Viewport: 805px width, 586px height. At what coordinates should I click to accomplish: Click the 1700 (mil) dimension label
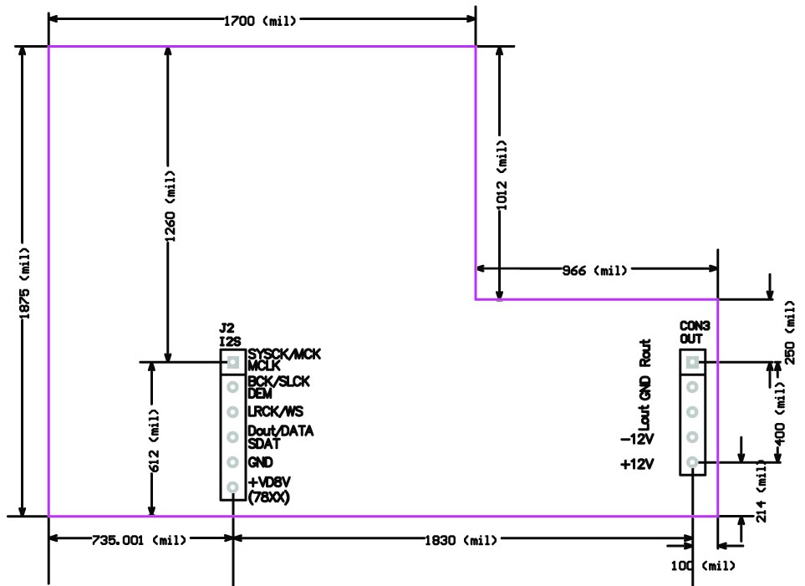pyautogui.click(x=260, y=21)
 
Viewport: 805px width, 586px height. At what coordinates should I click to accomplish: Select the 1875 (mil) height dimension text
pyautogui.click(x=24, y=283)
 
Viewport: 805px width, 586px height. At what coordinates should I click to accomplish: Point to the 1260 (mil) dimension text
pyautogui.click(x=170, y=206)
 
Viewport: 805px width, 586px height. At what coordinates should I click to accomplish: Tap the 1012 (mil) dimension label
pyautogui.click(x=502, y=175)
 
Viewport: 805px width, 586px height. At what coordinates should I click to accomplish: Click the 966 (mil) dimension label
pyautogui.click(x=594, y=270)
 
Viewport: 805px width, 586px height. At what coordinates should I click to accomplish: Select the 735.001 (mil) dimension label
pyautogui.click(x=139, y=540)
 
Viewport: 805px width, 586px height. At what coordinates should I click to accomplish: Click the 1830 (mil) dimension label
pyautogui.click(x=461, y=540)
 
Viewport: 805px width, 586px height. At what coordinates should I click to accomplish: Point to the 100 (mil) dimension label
pyautogui.click(x=703, y=566)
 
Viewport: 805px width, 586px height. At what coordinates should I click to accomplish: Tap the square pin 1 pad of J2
pyautogui.click(x=233, y=363)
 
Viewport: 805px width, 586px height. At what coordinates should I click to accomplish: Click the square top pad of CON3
pyautogui.click(x=692, y=363)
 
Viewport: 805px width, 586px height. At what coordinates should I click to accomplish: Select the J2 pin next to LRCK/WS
pyautogui.click(x=233, y=412)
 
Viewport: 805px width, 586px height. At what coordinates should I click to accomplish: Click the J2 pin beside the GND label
pyautogui.click(x=233, y=462)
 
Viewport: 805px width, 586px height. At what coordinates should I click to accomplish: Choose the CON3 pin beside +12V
pyautogui.click(x=692, y=462)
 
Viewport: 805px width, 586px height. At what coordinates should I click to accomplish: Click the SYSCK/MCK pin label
pyautogui.click(x=284, y=354)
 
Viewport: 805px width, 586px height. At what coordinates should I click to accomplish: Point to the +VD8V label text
pyautogui.click(x=269, y=482)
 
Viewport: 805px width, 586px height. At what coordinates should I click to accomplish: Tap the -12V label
pyautogui.click(x=638, y=439)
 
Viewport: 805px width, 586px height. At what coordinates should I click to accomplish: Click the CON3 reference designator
pyautogui.click(x=695, y=326)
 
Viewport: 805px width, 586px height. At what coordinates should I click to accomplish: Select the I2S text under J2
pyautogui.click(x=230, y=342)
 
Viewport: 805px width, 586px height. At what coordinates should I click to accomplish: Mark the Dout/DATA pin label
pyautogui.click(x=281, y=431)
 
